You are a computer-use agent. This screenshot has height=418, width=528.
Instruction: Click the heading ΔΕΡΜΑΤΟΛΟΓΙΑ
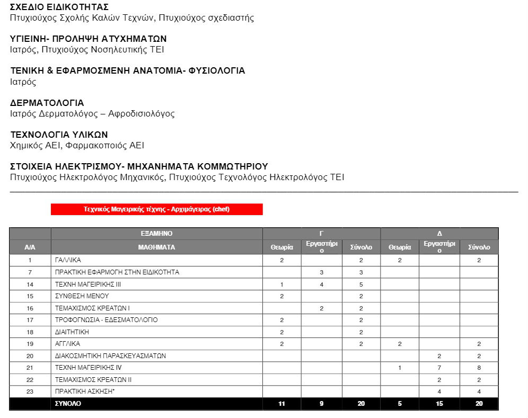(47, 103)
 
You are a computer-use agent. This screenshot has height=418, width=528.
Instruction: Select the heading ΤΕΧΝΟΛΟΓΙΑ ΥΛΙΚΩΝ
(59, 135)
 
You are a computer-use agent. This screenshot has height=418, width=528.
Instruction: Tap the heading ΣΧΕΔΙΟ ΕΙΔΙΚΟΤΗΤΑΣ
(59, 7)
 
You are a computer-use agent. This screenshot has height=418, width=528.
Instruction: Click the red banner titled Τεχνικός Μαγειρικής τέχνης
(156, 209)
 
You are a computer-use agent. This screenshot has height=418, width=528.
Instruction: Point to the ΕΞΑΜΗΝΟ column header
(156, 234)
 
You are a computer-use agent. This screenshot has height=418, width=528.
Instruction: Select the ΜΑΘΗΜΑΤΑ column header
(156, 247)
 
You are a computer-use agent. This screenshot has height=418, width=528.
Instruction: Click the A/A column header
(30, 247)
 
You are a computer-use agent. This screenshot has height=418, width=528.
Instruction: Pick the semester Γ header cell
(321, 234)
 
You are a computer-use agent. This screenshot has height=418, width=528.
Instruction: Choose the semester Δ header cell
(439, 234)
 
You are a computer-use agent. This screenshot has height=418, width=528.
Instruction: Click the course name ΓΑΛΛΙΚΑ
(68, 260)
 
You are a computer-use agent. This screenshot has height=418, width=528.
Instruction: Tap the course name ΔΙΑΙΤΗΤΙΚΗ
(72, 332)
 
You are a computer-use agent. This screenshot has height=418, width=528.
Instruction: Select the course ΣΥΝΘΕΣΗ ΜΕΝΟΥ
(82, 296)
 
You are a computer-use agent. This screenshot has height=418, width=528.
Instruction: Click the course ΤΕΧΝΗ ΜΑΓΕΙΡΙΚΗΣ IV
(89, 368)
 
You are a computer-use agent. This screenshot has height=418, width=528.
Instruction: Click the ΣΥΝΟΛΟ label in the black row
(68, 404)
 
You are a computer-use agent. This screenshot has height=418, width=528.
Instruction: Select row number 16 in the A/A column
(30, 308)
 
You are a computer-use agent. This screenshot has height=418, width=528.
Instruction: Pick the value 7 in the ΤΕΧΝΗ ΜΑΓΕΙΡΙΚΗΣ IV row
(439, 368)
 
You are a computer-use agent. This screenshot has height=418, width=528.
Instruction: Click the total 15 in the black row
(439, 404)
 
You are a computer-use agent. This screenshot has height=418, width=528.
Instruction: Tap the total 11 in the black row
(282, 404)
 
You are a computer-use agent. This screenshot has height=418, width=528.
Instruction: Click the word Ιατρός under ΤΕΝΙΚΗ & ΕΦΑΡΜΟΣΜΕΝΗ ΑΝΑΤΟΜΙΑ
(23, 82)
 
